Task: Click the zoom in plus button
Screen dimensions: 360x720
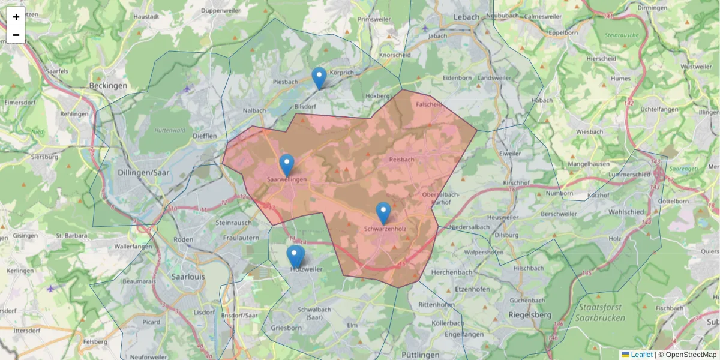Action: (16, 17)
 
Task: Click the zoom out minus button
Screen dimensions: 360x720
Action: (16, 35)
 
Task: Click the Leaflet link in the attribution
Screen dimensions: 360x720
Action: (641, 355)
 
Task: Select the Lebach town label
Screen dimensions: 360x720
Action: (467, 17)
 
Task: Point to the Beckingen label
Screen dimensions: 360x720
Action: (108, 86)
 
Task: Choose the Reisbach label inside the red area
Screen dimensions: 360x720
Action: (401, 160)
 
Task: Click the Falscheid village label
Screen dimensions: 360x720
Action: (429, 104)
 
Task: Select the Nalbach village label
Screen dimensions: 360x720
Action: (254, 110)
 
